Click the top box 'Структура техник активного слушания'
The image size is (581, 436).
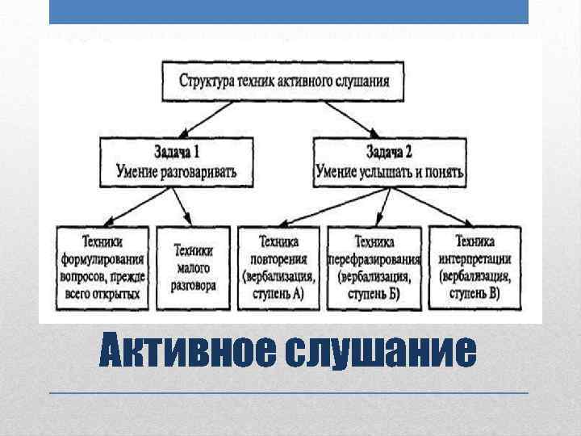pyautogui.click(x=284, y=82)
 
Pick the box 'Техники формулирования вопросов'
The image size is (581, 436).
pyautogui.click(x=102, y=267)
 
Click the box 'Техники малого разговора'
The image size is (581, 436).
pyautogui.click(x=194, y=267)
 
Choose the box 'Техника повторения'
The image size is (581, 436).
pyautogui.click(x=278, y=267)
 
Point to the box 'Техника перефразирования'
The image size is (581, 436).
pyautogui.click(x=374, y=267)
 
